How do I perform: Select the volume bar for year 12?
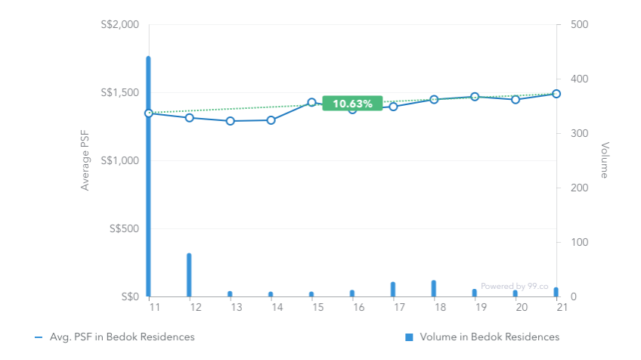(x=189, y=275)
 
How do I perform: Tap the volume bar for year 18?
(x=434, y=289)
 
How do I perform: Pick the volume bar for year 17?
(x=393, y=290)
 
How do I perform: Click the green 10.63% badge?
(x=352, y=104)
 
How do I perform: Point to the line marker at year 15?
(x=311, y=102)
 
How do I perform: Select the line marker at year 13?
(x=230, y=121)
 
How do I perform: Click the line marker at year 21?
(x=556, y=94)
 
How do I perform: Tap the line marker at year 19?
(x=475, y=97)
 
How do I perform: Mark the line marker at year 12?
(x=189, y=118)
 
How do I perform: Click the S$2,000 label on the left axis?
(x=119, y=25)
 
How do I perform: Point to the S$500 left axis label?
(x=123, y=229)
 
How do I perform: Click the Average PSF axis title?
(x=85, y=160)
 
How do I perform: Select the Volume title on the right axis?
(x=605, y=160)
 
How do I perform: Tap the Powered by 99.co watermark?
(x=515, y=287)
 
